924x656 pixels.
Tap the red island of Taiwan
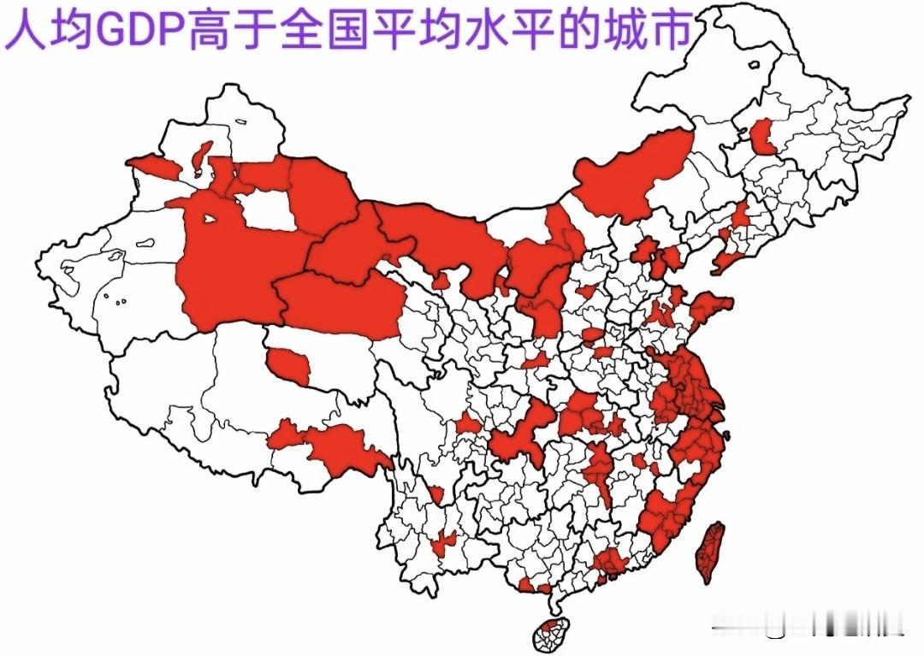(x=710, y=552)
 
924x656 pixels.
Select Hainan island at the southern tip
(x=550, y=634)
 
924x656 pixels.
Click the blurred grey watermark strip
(x=808, y=631)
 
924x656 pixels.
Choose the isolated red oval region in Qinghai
(x=289, y=365)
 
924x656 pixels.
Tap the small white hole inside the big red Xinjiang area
(x=208, y=218)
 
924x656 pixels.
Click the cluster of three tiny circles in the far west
(x=115, y=299)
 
